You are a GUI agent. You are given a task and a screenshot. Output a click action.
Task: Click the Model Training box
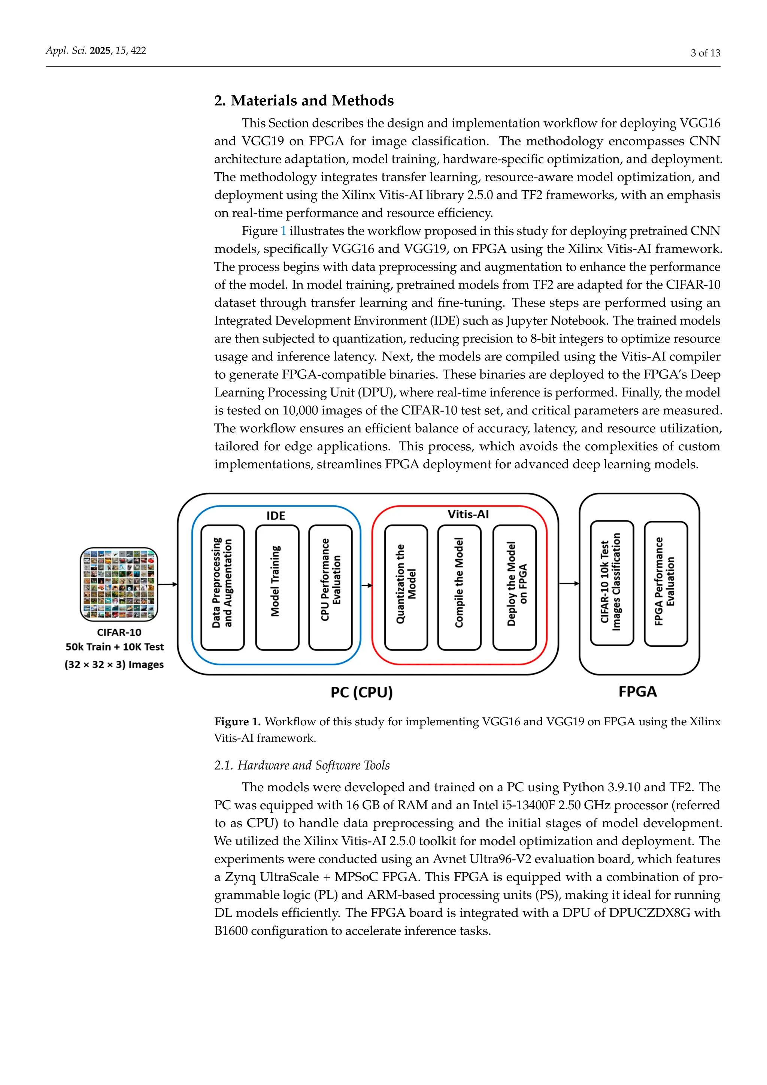click(x=277, y=587)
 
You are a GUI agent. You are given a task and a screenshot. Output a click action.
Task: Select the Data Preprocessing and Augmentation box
click(x=222, y=587)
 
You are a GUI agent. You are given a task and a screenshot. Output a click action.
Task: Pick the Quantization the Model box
click(x=406, y=587)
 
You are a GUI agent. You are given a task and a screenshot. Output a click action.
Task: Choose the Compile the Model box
click(x=459, y=587)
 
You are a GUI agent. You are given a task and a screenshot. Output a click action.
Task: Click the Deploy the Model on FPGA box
click(x=514, y=587)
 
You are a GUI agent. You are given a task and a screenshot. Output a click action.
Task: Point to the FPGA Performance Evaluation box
click(x=666, y=584)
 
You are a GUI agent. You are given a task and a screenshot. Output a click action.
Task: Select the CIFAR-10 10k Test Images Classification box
click(x=612, y=583)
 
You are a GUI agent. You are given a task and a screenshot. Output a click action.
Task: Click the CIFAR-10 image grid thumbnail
click(x=119, y=584)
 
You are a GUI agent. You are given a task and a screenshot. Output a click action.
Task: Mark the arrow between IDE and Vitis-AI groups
click(x=367, y=586)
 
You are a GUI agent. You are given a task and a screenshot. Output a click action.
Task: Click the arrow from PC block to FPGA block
click(x=569, y=584)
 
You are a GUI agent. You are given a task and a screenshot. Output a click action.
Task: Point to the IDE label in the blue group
click(x=276, y=516)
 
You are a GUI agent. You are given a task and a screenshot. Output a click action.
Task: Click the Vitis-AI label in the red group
click(x=468, y=514)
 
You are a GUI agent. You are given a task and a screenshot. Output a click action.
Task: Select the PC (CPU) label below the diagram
click(x=361, y=692)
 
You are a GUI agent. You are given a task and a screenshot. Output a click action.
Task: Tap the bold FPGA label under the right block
click(x=637, y=691)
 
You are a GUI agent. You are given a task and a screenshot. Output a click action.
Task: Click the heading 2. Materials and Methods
click(x=304, y=101)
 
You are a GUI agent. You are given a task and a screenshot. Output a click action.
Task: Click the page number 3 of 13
click(x=705, y=53)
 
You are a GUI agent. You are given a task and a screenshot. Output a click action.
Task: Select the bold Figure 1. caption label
click(x=237, y=722)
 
